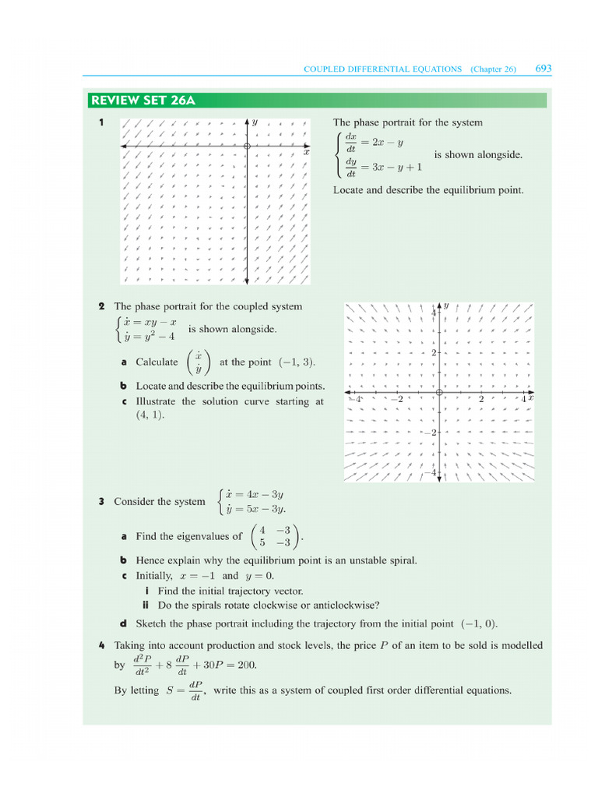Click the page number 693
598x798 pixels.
543,69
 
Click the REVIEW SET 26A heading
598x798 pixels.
142,101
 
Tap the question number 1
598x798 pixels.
101,122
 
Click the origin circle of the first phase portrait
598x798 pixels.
247,146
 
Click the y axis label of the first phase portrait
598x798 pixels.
255,122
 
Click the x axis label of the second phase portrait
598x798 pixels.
531,397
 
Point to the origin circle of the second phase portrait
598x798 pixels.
439,392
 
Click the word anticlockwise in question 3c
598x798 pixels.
345,605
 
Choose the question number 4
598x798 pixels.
101,645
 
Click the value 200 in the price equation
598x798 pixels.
244,665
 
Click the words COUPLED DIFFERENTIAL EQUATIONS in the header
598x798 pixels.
382,69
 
